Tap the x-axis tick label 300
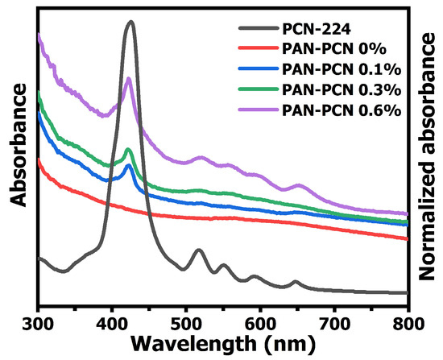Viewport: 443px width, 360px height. [38, 318]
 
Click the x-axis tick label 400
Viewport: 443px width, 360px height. [112, 318]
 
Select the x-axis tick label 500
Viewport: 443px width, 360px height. [186, 318]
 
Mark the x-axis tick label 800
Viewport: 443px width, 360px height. [408, 318]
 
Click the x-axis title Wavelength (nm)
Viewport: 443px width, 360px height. [223, 342]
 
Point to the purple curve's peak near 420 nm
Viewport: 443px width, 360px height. [129, 78]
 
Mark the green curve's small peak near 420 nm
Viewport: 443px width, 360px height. [129, 150]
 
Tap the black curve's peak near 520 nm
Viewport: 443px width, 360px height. [198, 250]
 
